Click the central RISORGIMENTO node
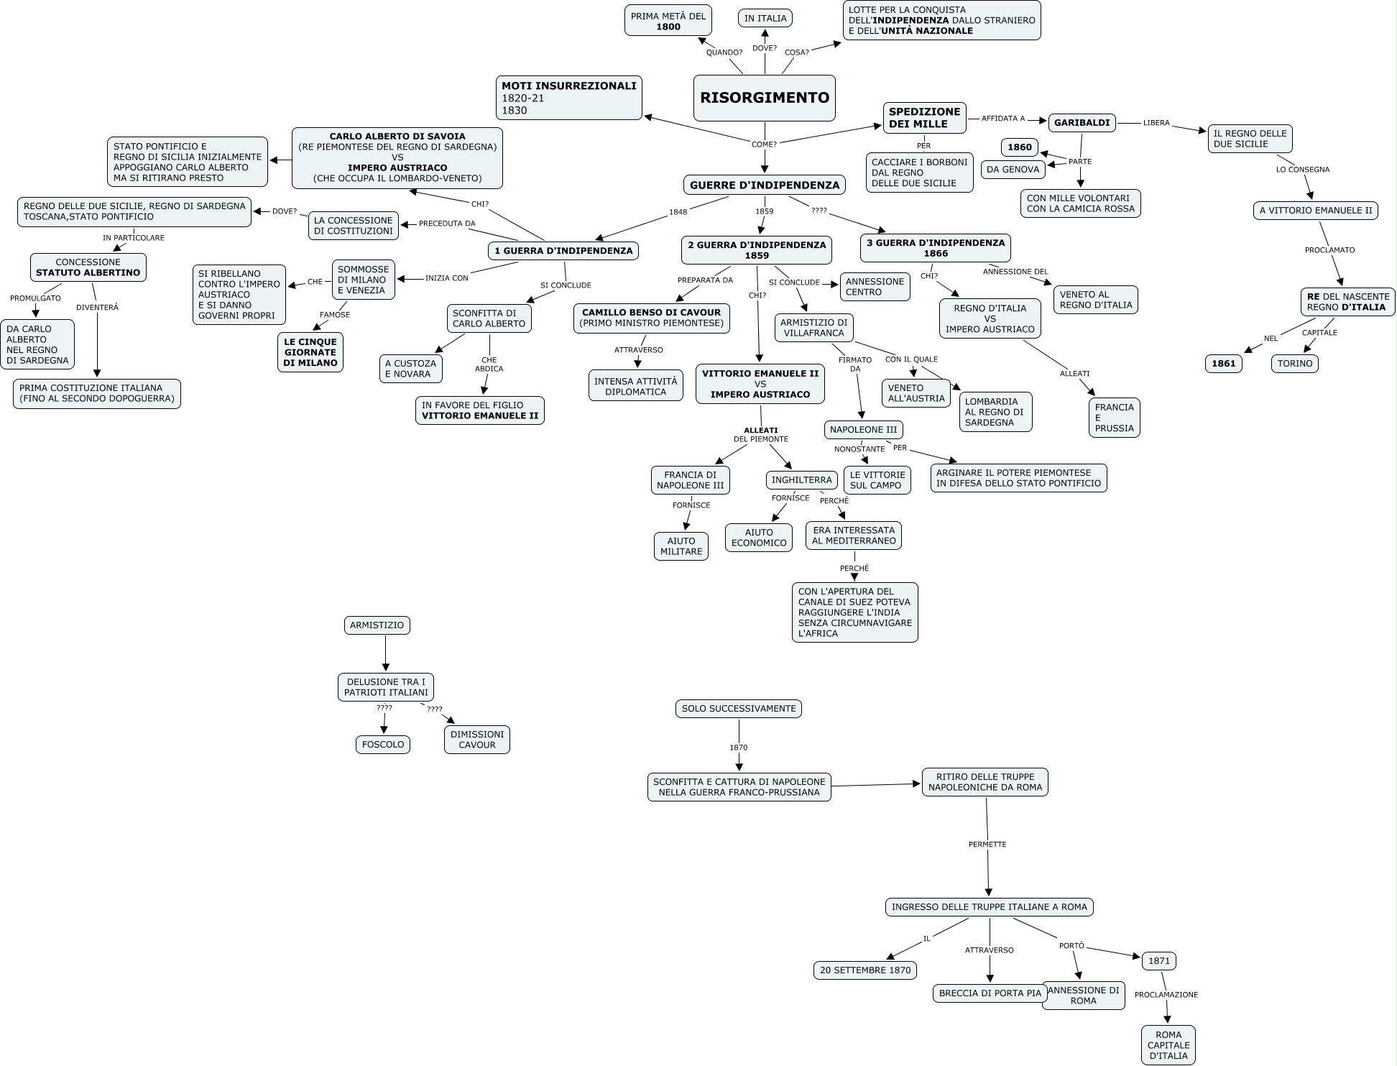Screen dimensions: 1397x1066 coord(765,98)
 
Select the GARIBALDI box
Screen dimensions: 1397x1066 coord(1082,123)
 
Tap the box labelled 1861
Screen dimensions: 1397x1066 coord(1223,364)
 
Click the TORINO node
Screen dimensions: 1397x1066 coord(1295,364)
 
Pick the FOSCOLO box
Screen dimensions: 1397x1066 coord(383,745)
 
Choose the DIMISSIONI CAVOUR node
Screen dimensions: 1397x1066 coord(477,740)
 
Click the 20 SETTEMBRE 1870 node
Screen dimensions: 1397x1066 coord(865,970)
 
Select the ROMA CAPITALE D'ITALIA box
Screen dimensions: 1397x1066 coord(1168,1045)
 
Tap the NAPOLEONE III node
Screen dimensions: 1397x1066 coord(864,430)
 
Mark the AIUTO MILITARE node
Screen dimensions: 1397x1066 coord(681,546)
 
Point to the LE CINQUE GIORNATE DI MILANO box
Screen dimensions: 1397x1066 coord(310,352)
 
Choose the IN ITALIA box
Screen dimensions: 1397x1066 coord(765,19)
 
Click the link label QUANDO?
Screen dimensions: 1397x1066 coord(724,52)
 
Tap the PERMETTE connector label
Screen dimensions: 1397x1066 coord(987,845)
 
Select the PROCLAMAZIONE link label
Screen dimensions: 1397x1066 coord(1166,995)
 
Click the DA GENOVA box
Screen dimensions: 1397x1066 coord(1013,170)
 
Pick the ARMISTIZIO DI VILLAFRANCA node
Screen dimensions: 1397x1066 coord(814,328)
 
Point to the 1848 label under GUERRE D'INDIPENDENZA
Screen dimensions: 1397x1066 coord(678,212)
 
